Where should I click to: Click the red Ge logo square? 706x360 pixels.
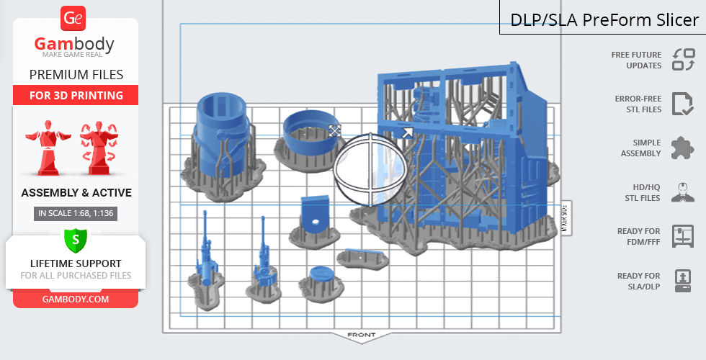click(x=73, y=19)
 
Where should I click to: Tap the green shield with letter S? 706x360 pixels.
click(x=76, y=240)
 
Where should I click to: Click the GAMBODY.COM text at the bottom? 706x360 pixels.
click(x=76, y=300)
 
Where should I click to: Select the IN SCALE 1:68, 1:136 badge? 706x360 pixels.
click(x=76, y=213)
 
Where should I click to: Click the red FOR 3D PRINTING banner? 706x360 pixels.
click(x=76, y=95)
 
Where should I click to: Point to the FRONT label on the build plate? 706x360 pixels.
click(x=362, y=335)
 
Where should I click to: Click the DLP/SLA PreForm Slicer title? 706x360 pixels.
click(x=604, y=20)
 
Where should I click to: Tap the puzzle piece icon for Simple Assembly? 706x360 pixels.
click(x=682, y=148)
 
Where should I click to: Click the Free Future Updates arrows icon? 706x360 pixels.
click(x=684, y=59)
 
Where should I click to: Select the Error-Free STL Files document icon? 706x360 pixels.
click(x=683, y=104)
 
